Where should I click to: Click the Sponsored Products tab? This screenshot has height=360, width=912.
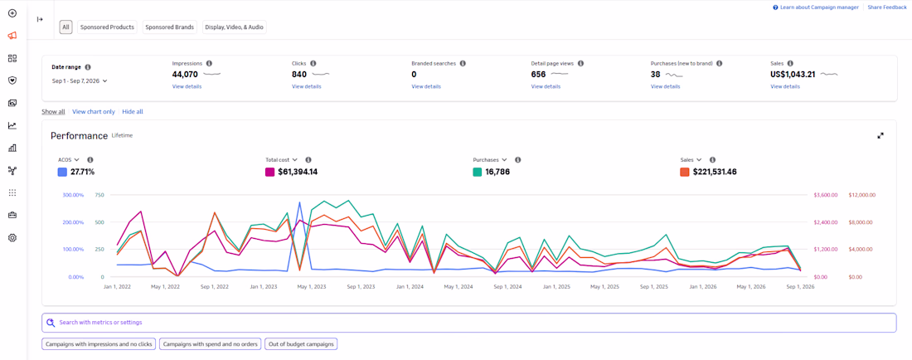click(x=107, y=27)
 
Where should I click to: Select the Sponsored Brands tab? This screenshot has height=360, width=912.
click(x=170, y=27)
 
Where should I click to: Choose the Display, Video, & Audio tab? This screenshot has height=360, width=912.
click(x=235, y=27)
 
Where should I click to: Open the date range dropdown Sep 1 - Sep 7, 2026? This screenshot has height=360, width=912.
click(x=80, y=81)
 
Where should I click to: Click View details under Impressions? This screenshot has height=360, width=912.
click(x=187, y=86)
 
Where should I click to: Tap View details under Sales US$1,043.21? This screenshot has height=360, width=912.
click(x=785, y=86)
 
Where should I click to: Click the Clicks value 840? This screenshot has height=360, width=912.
click(x=299, y=75)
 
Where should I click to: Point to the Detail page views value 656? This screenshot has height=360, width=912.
click(x=539, y=75)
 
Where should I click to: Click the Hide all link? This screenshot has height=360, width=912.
click(x=133, y=112)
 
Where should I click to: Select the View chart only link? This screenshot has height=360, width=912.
click(x=94, y=112)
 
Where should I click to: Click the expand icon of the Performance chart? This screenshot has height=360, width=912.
click(x=880, y=135)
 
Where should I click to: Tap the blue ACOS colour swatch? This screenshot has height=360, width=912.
click(x=62, y=173)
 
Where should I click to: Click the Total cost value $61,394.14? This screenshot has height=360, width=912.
click(x=297, y=173)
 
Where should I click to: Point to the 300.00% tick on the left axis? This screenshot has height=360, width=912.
click(x=73, y=195)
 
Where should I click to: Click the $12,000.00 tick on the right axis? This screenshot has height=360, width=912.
click(x=862, y=195)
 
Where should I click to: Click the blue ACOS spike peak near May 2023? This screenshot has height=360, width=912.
click(x=299, y=202)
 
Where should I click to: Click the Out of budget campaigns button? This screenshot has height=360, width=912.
click(x=301, y=344)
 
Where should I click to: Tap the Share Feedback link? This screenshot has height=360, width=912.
click(x=887, y=7)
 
